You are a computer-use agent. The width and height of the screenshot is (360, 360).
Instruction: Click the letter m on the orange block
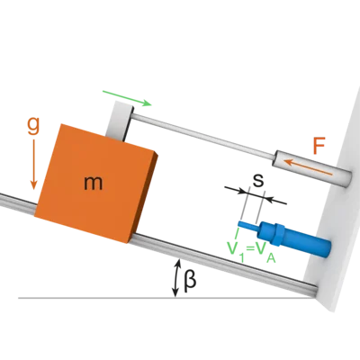(94, 184)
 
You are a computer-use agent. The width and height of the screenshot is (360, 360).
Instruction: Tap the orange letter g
(33, 127)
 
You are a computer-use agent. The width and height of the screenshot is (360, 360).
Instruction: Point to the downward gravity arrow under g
(33, 165)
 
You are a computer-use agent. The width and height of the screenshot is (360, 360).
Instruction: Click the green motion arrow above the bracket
(127, 98)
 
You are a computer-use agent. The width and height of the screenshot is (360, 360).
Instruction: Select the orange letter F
(319, 146)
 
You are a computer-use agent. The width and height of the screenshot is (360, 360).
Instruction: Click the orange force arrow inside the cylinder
(308, 167)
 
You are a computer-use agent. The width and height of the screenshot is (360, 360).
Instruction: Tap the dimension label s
(257, 180)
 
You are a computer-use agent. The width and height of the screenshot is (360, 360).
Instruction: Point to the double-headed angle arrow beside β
(176, 278)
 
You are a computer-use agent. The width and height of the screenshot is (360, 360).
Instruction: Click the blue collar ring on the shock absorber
(279, 234)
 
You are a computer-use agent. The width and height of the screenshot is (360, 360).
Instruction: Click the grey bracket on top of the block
(119, 121)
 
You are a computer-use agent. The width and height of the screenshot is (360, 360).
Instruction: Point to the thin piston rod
(203, 135)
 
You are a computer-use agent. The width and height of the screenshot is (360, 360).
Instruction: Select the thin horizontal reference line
(165, 298)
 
